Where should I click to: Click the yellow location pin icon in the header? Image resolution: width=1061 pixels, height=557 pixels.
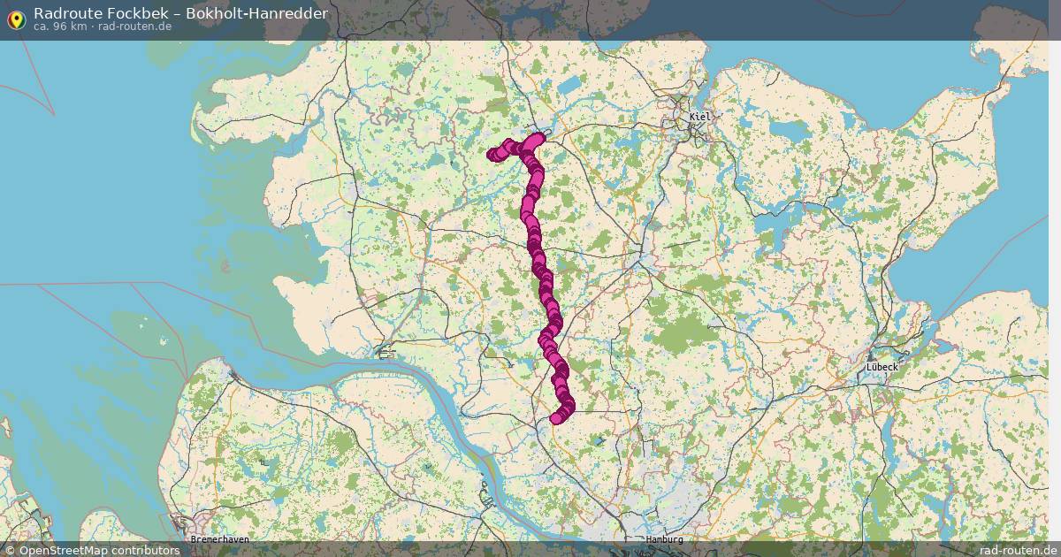click(16, 19)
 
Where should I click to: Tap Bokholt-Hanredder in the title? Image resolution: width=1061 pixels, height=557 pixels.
click(256, 13)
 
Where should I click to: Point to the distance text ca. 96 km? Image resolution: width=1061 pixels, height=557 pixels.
click(60, 27)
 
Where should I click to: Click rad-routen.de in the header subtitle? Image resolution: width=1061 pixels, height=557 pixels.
click(134, 27)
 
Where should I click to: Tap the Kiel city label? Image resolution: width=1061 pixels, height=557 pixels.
click(699, 117)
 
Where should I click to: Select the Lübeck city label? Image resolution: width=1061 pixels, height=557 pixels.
click(882, 366)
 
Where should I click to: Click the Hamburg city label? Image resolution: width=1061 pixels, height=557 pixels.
click(665, 539)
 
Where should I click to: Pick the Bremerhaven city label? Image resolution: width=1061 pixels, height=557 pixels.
click(220, 539)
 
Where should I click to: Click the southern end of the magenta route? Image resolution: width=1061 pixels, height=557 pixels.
click(556, 418)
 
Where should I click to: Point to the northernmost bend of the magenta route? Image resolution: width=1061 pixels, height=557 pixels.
click(537, 138)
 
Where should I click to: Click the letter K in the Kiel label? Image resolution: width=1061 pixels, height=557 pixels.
click(691, 117)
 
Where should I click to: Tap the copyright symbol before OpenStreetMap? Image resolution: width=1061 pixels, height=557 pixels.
click(10, 550)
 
